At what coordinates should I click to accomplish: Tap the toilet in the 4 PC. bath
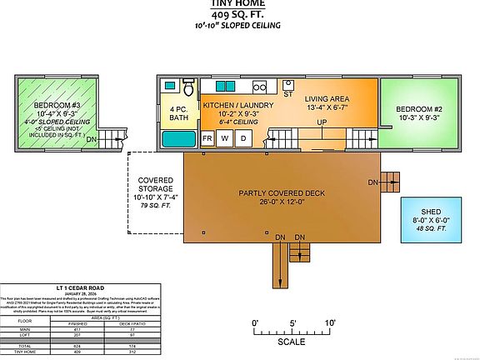click(189, 89)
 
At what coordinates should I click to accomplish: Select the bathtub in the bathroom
click(180, 138)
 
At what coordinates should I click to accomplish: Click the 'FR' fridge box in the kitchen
click(207, 138)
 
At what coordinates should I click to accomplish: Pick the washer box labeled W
click(224, 138)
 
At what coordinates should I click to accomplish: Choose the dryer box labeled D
click(242, 138)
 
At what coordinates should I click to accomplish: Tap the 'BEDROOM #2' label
click(418, 110)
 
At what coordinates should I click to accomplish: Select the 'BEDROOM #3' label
click(56, 107)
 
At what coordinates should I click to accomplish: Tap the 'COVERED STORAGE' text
click(155, 185)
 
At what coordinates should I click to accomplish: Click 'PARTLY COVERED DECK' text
click(282, 193)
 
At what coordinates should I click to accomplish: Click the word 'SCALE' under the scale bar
click(292, 341)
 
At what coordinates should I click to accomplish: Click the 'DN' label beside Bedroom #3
click(92, 138)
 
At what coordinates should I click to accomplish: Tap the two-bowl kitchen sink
click(225, 86)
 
